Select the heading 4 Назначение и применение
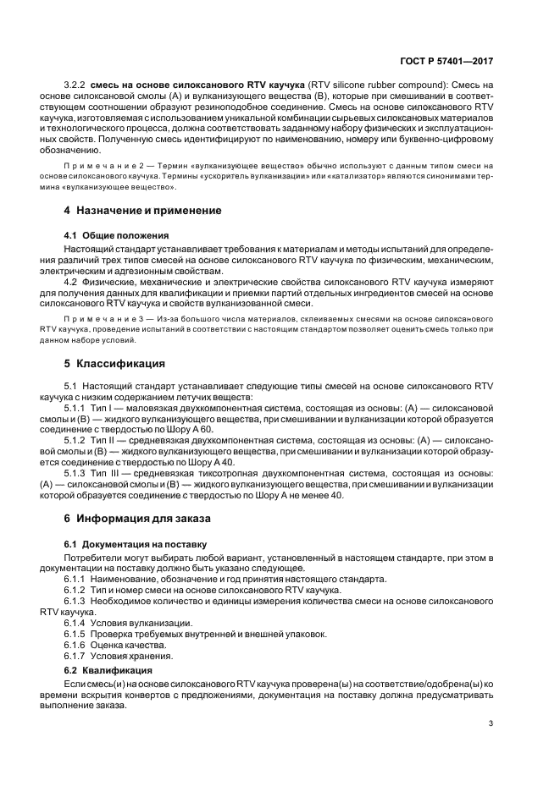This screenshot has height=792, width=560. tap(142, 210)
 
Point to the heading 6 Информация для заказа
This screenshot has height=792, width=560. tap(139, 517)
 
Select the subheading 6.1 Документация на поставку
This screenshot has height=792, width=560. tap(136, 542)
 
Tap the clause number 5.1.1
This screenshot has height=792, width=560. tap(76, 408)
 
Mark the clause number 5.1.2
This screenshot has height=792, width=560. tap(76, 440)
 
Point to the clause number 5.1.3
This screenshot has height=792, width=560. tap(76, 472)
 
